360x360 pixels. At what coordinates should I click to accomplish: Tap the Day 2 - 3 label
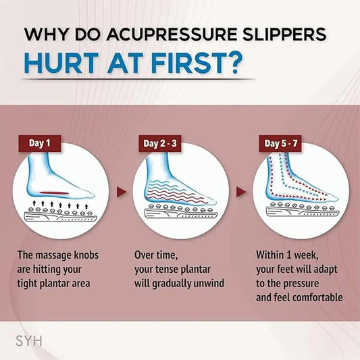click(162, 143)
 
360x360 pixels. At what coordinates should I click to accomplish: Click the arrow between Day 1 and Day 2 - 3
click(121, 192)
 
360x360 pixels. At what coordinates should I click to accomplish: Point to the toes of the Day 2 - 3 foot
click(209, 199)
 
